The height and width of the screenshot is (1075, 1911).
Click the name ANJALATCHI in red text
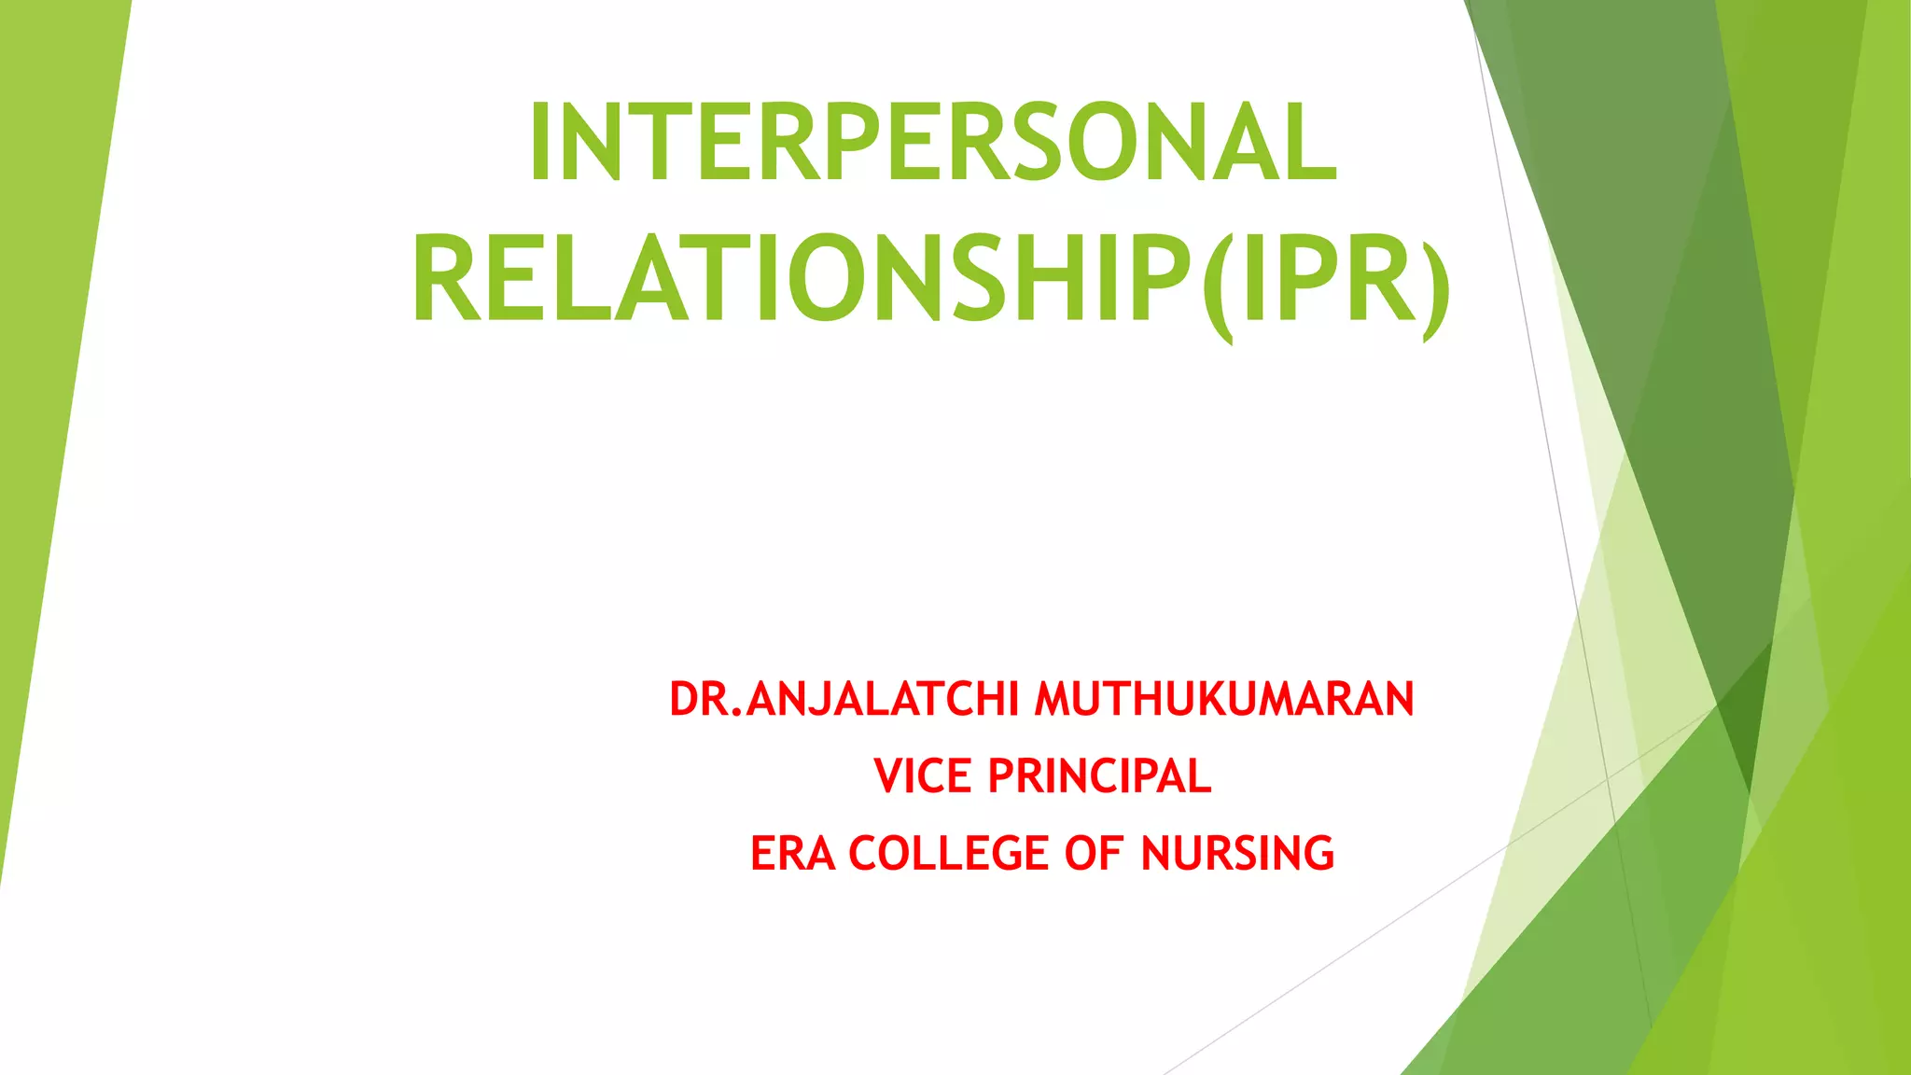point(882,699)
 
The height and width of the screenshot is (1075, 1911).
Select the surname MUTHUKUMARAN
point(1224,699)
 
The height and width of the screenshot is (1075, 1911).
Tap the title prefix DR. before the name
point(705,699)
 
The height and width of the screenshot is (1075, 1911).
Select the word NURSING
point(1237,853)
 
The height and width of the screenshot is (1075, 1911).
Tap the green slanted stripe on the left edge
point(56,373)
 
